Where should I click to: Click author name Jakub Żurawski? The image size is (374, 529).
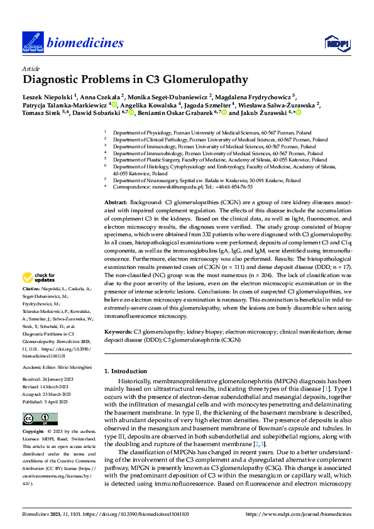260,113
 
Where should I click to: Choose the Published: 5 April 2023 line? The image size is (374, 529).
51,400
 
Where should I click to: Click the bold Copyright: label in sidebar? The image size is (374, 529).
35,433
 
